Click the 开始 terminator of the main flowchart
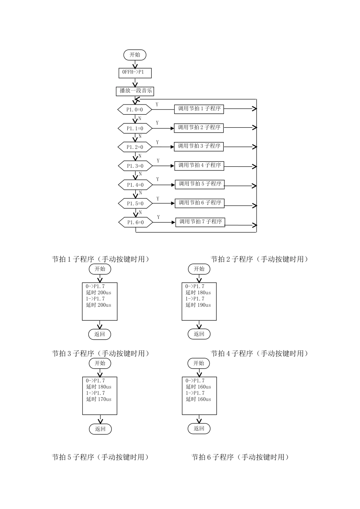pyautogui.click(x=135, y=55)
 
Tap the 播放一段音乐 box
pyautogui.click(x=135, y=91)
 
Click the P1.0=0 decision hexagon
pyautogui.click(x=135, y=109)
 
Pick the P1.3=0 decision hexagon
pyautogui.click(x=135, y=166)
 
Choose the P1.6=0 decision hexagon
pyautogui.click(x=135, y=222)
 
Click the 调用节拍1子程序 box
pyautogui.click(x=199, y=109)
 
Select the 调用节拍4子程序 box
pyautogui.click(x=199, y=166)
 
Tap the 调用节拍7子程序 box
pyautogui.click(x=200, y=222)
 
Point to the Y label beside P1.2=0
pyautogui.click(x=157, y=142)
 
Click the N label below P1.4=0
pyautogui.click(x=140, y=193)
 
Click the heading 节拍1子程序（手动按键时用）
pyautogui.click(x=100, y=259)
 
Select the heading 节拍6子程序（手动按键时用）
pyautogui.click(x=240, y=457)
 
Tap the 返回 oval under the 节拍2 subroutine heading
pyautogui.click(x=199, y=334)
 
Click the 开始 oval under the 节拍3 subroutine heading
pyautogui.click(x=100, y=363)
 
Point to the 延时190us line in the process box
pyautogui.click(x=198, y=305)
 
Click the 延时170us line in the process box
pyautogui.click(x=99, y=399)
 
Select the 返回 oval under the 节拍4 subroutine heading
pyautogui.click(x=199, y=428)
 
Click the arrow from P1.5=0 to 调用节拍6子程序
pyautogui.click(x=163, y=204)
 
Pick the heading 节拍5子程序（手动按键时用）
pyautogui.click(x=100, y=457)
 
